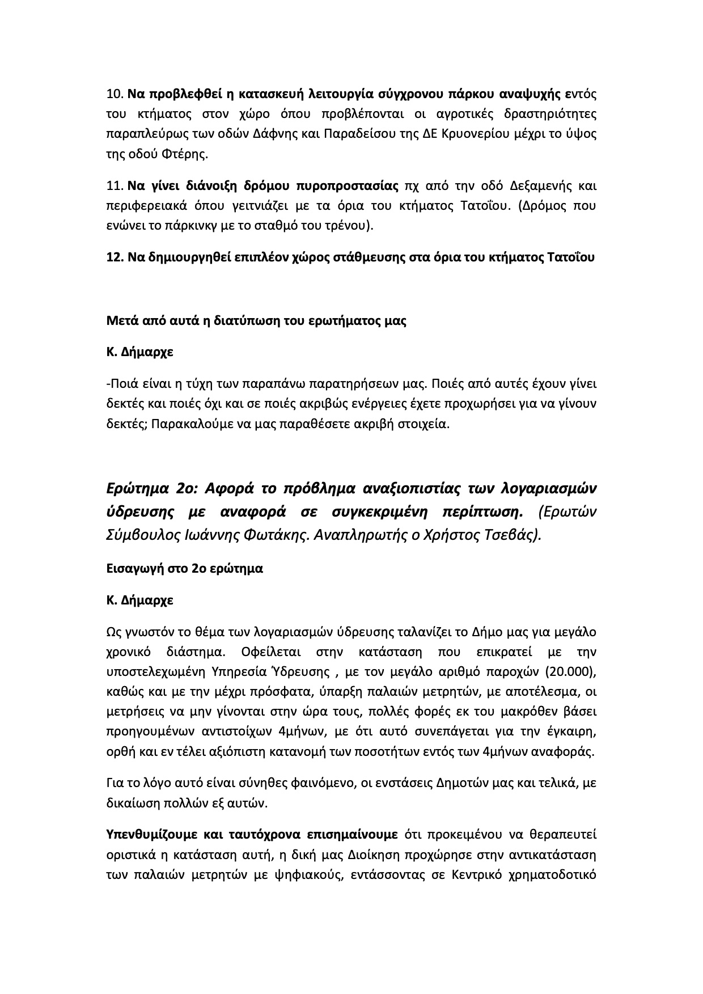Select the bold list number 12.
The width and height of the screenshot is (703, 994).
point(115,257)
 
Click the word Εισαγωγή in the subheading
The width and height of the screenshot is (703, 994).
point(134,568)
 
